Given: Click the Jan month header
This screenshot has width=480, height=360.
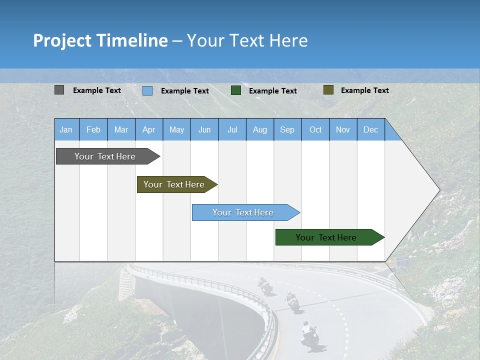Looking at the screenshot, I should tap(66, 130).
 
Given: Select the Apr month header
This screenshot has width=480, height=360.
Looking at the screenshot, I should tap(149, 130).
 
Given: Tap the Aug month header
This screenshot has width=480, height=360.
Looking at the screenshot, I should tap(260, 130).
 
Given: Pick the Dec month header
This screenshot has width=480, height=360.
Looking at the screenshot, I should tap(370, 130).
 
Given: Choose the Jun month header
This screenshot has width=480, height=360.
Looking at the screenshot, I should tap(204, 130).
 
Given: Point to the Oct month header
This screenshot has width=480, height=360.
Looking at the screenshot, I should tap(315, 130).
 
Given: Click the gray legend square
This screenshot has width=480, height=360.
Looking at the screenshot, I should tap(59, 90).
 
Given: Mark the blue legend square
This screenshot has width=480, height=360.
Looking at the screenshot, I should tap(147, 90).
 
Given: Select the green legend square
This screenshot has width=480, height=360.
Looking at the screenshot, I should tap(236, 90).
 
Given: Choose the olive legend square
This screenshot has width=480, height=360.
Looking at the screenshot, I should tap(328, 90).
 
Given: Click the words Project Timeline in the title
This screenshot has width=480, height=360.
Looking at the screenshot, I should tap(100, 40).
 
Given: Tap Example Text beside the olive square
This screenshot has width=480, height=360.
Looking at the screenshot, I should tap(364, 90).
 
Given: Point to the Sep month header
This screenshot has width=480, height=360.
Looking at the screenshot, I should tap(287, 130).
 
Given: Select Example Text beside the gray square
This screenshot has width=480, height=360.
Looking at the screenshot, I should tap(97, 90).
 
